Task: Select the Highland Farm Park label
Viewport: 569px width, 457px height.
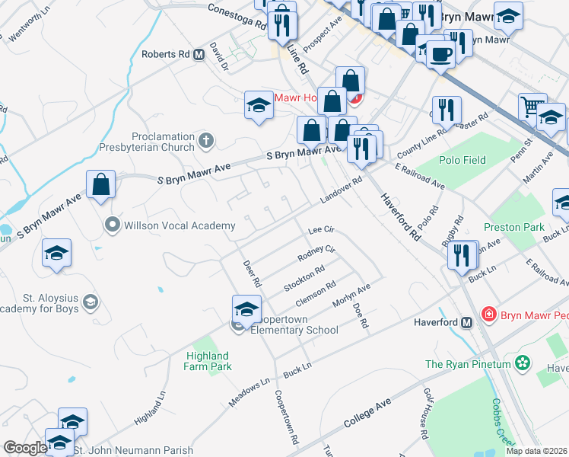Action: (206, 361)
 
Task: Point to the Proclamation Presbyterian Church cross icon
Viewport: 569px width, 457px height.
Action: (205, 140)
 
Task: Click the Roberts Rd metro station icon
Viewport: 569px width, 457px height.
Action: (199, 55)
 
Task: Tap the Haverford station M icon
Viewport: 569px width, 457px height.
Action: (467, 322)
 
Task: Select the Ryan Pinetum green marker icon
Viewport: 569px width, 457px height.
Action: (522, 364)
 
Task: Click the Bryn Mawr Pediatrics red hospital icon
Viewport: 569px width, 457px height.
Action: (488, 314)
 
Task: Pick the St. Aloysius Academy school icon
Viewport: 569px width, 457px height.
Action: (91, 302)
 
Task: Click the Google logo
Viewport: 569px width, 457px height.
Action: (24, 447)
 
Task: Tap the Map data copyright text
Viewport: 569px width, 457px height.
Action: (536, 451)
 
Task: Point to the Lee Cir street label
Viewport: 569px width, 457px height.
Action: (320, 229)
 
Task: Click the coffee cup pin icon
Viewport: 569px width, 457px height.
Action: (440, 54)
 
